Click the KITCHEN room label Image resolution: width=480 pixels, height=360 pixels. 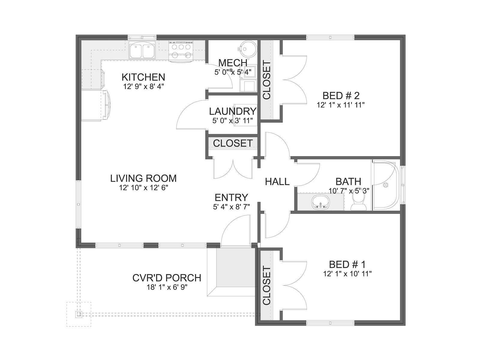[x=143, y=77]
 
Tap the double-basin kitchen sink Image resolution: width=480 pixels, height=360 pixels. [x=142, y=50]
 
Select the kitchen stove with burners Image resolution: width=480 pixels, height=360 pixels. [x=181, y=51]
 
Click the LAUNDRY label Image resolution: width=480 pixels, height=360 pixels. [x=233, y=112]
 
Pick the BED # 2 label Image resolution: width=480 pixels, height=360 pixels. [x=341, y=96]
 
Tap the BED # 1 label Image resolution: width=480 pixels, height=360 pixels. [x=347, y=265]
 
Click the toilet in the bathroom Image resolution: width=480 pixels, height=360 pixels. [x=358, y=202]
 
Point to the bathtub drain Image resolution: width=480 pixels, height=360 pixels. [x=385, y=185]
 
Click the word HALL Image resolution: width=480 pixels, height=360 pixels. [x=277, y=181]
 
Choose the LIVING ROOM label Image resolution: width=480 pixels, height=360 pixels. [x=143, y=178]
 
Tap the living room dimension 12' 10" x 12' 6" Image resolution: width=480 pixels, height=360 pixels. [x=143, y=188]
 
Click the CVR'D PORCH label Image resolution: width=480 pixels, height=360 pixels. [x=167, y=278]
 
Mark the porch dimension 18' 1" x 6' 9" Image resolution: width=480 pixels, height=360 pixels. [x=167, y=287]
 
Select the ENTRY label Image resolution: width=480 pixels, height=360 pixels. [x=231, y=198]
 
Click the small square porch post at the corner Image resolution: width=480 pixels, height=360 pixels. [x=79, y=314]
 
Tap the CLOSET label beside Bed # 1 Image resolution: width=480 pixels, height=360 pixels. [x=267, y=286]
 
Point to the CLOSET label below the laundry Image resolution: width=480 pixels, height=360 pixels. [x=233, y=143]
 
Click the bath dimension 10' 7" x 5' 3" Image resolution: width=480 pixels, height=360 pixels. [x=349, y=191]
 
